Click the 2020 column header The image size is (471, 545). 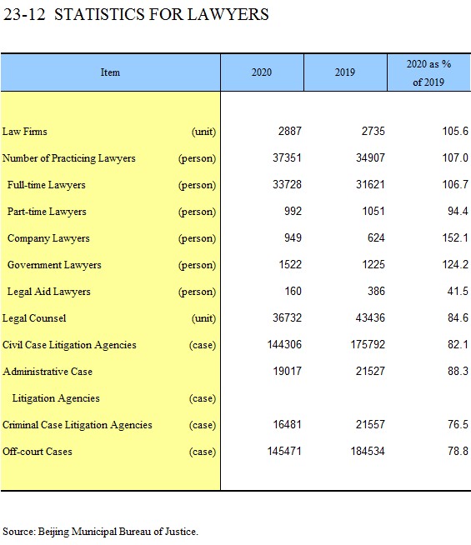[x=262, y=72]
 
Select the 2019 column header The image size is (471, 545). [x=345, y=72]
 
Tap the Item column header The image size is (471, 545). [x=110, y=72]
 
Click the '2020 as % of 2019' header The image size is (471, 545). [x=428, y=73]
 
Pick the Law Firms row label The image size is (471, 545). [x=25, y=132]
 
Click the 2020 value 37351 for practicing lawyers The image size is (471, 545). [x=287, y=157]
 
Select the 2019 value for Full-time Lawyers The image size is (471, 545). [x=370, y=184]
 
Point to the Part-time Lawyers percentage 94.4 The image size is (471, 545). [x=458, y=211]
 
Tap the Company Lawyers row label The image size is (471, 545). [x=48, y=238]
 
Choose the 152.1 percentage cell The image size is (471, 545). [x=455, y=237]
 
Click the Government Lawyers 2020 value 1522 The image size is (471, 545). [x=290, y=264]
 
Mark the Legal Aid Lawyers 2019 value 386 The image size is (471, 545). [x=377, y=291]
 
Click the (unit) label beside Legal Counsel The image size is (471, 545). [x=203, y=318]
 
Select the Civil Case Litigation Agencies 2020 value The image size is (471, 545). [x=284, y=344]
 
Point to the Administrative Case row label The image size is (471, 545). [x=48, y=372]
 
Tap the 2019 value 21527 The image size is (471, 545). [x=370, y=371]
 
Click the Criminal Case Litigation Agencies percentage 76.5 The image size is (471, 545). [x=458, y=424]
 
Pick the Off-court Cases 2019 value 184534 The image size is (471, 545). [x=368, y=451]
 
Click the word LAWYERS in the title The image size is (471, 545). [x=228, y=15]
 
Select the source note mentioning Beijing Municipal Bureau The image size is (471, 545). [x=101, y=532]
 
